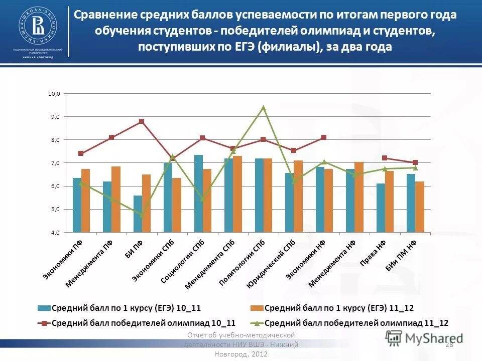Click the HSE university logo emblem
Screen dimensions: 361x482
coord(38,25)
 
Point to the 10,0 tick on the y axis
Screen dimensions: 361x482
coord(54,94)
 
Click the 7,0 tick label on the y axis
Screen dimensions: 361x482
coord(54,163)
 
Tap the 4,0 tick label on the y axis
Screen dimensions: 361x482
coord(54,233)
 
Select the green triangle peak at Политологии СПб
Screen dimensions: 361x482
coord(263,107)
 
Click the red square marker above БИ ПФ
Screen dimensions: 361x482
coord(142,121)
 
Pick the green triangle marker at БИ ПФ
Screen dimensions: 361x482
coord(142,215)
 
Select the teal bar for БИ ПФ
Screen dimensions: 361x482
coord(137,214)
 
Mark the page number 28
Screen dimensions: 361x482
coord(449,344)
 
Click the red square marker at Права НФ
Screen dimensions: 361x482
coord(385,158)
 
